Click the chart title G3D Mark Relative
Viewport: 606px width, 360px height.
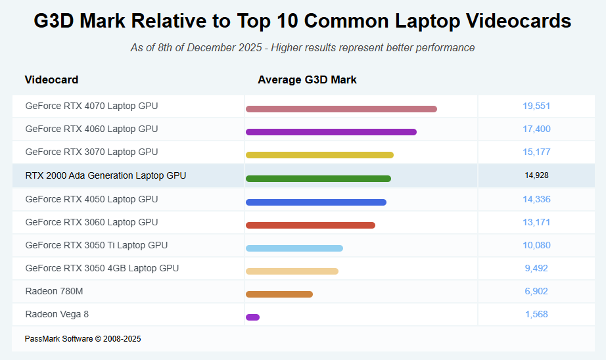pos(302,21)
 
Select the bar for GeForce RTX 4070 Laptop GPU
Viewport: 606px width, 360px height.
pos(341,109)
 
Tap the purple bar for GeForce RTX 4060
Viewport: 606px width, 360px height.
pos(331,132)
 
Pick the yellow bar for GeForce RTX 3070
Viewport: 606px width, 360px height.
pos(319,155)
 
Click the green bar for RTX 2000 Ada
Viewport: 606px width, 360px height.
pos(318,179)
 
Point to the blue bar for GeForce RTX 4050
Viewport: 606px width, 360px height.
pos(316,202)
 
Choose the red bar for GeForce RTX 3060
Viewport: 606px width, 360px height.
pos(310,225)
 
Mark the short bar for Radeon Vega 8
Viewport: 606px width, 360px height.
pos(252,317)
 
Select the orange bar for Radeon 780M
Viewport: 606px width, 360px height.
pos(279,294)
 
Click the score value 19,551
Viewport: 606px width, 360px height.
pos(536,106)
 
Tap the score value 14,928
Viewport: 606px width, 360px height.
pos(536,175)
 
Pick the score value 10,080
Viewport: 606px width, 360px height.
pos(536,245)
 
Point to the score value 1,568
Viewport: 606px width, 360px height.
pos(536,314)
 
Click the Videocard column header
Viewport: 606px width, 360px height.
pos(51,79)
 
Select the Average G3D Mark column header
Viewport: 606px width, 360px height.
pos(307,79)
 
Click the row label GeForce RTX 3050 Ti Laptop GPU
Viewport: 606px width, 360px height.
pos(97,245)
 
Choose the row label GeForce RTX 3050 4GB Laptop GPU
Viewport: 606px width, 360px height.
pos(102,268)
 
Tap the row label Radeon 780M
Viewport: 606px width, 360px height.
pos(54,291)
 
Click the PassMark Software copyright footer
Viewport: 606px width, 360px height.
pos(83,339)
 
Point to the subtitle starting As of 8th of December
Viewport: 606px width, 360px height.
pos(302,47)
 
